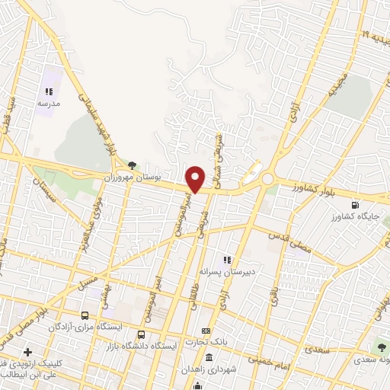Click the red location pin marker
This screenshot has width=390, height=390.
[x=196, y=178]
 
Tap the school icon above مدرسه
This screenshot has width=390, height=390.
[x=49, y=91]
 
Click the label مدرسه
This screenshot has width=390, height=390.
[x=49, y=102]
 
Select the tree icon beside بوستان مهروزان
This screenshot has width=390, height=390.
[x=133, y=165]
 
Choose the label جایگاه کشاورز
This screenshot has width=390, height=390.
[x=353, y=218]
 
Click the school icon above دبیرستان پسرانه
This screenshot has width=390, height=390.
[x=227, y=261]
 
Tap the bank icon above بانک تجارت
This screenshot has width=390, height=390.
[x=206, y=331]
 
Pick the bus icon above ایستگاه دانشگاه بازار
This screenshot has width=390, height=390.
[x=142, y=334]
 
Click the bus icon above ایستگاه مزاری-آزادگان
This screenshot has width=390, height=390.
[x=85, y=315]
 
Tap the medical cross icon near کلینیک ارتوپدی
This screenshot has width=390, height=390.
[x=28, y=353]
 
